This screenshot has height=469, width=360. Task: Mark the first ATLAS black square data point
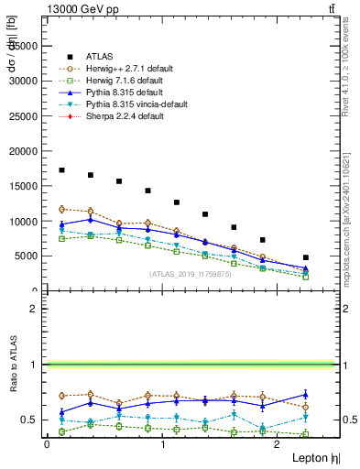coord(61,170)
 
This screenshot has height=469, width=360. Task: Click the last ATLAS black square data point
coord(305,257)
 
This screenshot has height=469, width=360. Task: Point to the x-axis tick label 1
coord(162,444)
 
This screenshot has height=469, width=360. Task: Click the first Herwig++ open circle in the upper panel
coord(61,209)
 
